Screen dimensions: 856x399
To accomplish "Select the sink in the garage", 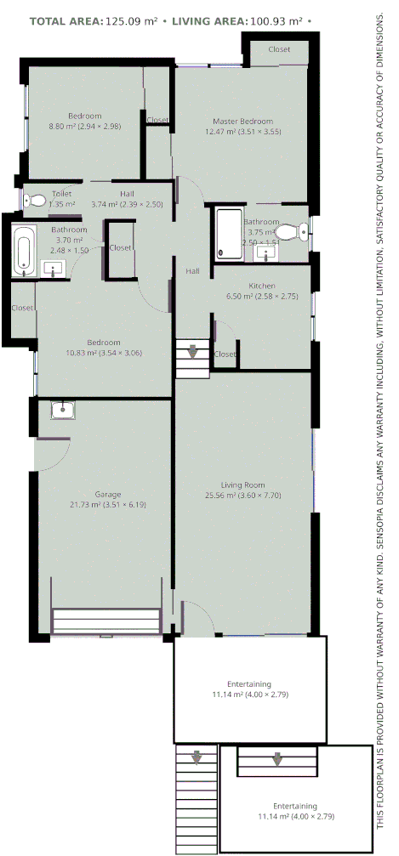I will pos(62,411).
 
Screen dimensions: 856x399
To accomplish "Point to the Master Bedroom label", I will pos(243,122).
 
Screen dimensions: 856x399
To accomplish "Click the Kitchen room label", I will pos(262,286).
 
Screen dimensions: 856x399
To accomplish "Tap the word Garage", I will pos(107,494).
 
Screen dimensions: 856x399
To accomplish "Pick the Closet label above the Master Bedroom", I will pos(279,49).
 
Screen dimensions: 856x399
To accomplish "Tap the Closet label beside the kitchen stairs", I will pos(225,354).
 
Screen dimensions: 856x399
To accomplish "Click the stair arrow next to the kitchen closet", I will pos(193,349).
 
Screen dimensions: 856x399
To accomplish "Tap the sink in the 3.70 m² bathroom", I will pos(54,269).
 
